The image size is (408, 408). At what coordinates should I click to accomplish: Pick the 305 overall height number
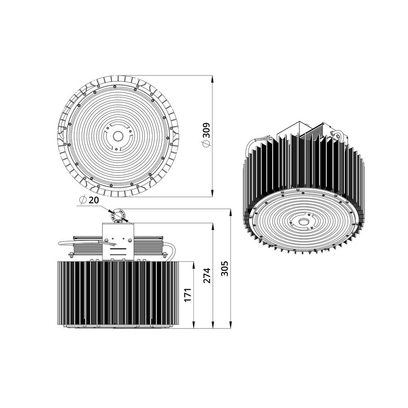point(224,268)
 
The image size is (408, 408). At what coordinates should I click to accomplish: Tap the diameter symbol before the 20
point(82,200)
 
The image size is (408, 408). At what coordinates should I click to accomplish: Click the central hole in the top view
point(118,136)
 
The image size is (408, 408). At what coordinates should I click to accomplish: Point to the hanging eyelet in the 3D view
point(337,133)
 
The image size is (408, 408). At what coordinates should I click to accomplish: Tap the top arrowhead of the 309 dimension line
point(212,78)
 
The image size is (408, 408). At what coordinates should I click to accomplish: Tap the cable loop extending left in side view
point(65,242)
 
